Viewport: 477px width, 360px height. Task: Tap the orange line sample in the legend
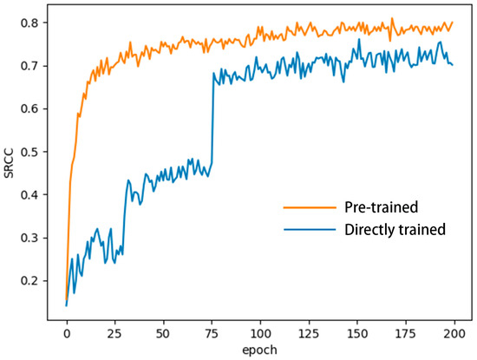(x=310, y=208)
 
